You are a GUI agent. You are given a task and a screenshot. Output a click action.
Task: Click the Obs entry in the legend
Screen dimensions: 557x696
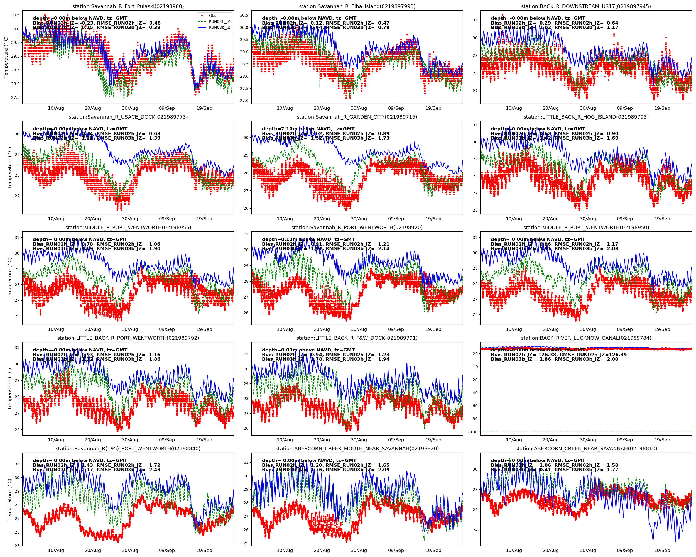click(212, 16)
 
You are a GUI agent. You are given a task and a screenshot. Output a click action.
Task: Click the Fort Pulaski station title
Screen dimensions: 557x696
click(128, 6)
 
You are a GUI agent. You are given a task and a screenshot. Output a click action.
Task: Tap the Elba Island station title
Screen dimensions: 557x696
click(357, 6)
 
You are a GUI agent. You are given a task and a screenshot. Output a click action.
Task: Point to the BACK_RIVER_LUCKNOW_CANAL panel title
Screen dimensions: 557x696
click(586, 338)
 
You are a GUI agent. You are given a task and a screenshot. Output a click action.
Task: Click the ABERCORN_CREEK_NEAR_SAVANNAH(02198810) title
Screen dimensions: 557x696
click(586, 448)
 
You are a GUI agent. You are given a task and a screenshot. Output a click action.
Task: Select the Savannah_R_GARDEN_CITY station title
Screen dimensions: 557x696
click(357, 117)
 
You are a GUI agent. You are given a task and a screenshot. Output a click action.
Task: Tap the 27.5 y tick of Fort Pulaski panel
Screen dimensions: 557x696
click(15, 97)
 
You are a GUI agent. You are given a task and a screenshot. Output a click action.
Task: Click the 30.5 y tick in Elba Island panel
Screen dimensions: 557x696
click(244, 15)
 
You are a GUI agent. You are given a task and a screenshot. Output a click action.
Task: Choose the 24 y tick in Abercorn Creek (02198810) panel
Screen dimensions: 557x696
click(475, 530)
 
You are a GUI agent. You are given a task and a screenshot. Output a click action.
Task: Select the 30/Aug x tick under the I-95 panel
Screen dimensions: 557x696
click(130, 551)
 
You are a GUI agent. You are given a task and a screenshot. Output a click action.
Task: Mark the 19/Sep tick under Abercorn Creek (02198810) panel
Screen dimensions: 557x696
click(662, 551)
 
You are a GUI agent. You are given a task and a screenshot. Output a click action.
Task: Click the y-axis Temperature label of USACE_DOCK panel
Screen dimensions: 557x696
click(10, 168)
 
